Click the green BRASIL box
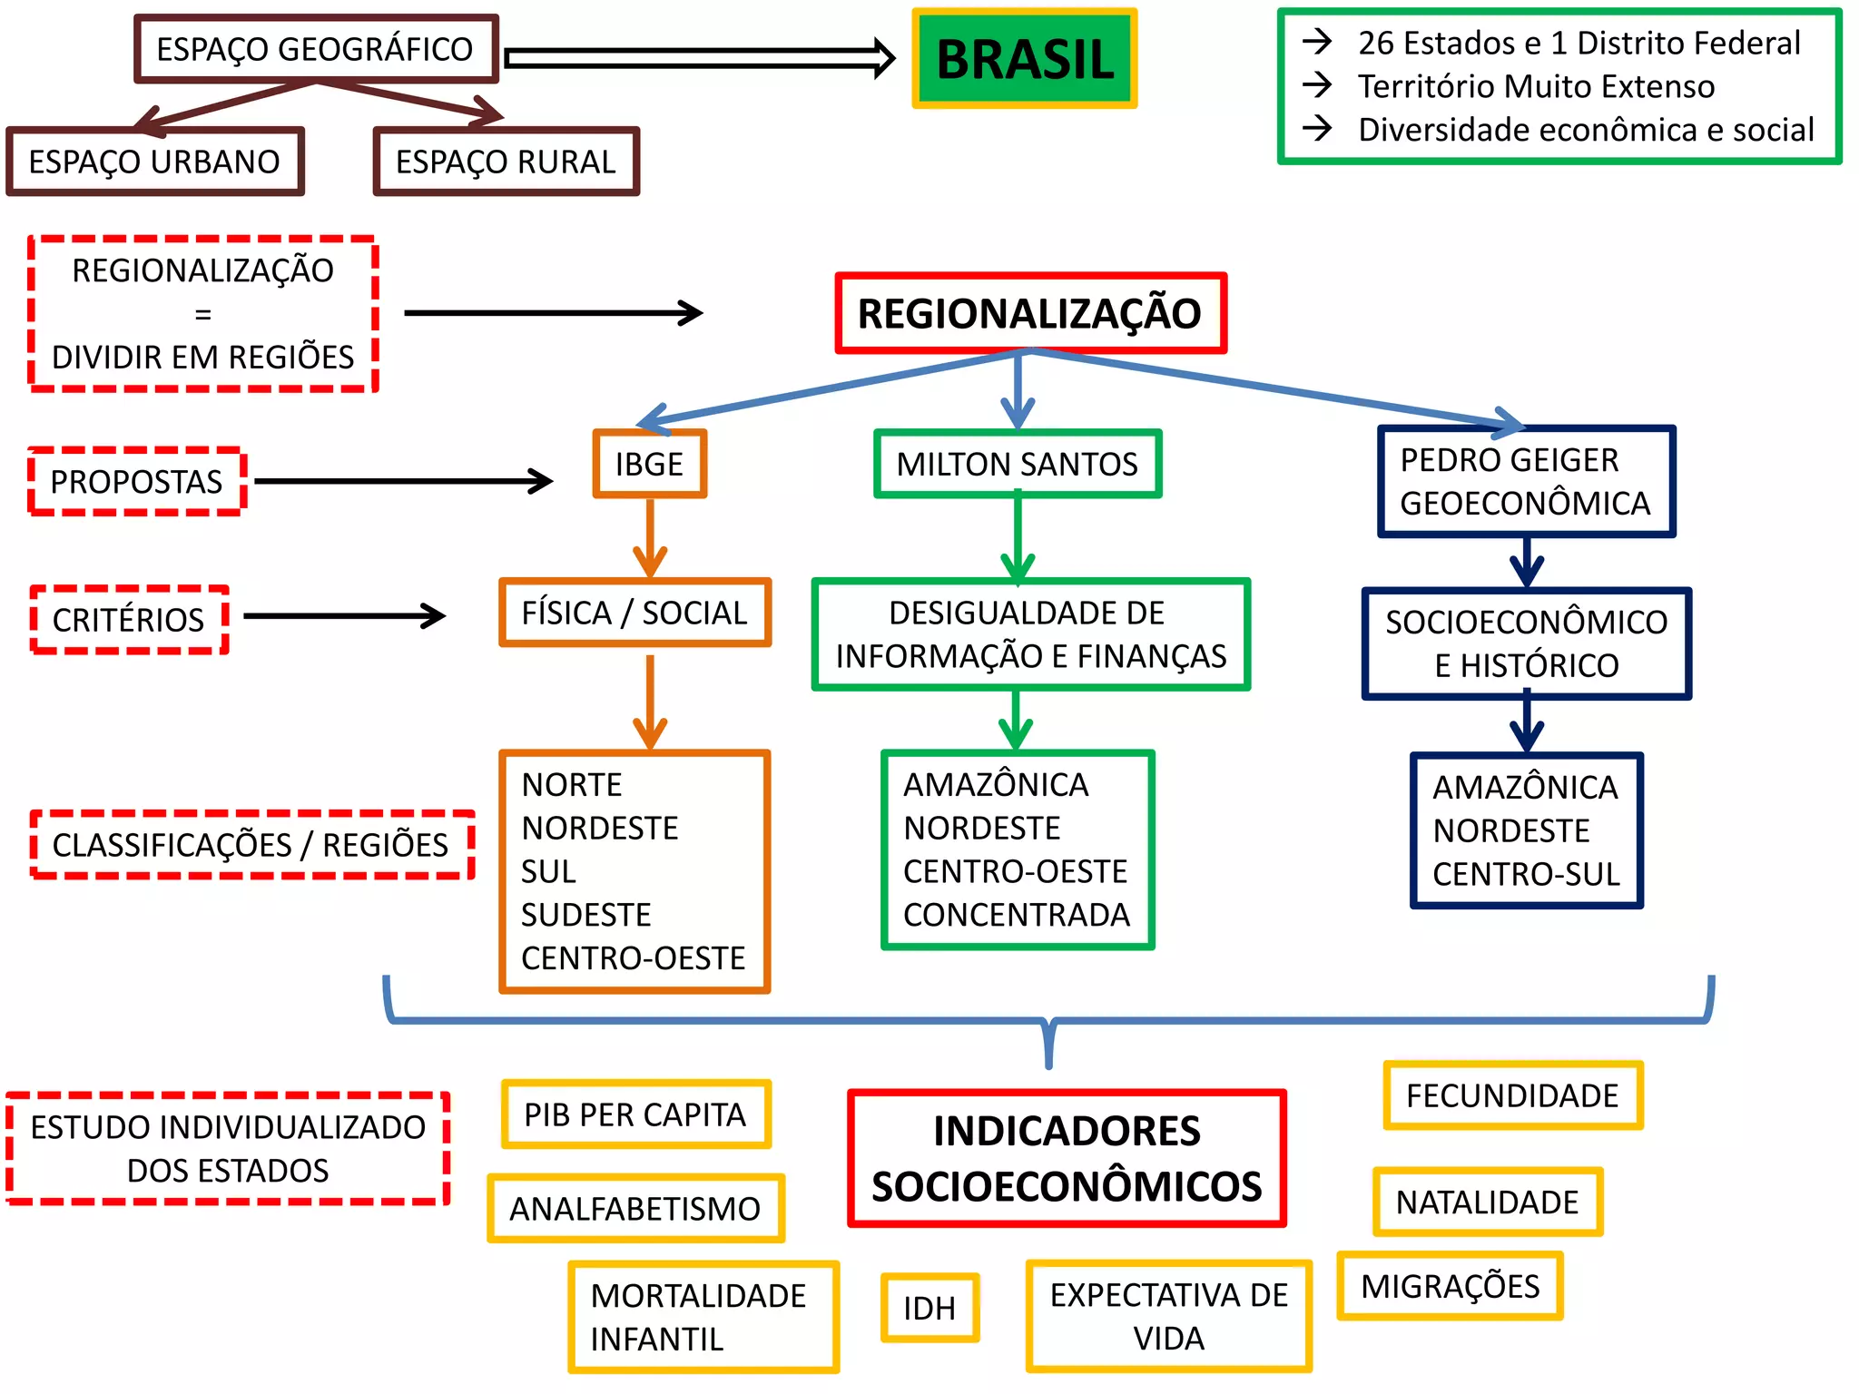coord(1024,59)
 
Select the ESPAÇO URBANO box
coord(154,162)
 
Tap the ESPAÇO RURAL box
coord(506,162)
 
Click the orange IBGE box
coord(649,464)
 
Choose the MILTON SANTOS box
coord(1017,464)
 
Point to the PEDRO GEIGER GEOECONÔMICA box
coord(1525,481)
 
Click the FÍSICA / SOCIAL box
coord(634,613)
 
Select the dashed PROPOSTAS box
coord(136,481)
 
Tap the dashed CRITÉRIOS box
coord(129,620)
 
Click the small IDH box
coord(929,1308)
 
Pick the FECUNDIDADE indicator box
coord(1512,1095)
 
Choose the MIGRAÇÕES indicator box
coord(1450,1286)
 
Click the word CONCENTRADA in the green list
coord(1017,915)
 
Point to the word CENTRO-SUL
coord(1526,874)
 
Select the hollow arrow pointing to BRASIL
coord(699,59)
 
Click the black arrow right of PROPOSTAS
coord(404,481)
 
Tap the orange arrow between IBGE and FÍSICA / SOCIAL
coord(650,538)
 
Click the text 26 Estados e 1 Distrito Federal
coord(1579,43)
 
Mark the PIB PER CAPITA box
coord(635,1114)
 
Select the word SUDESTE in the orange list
coord(586,915)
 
